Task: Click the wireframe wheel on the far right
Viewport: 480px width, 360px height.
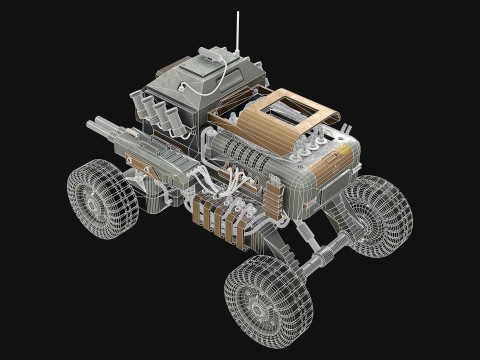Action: click(x=378, y=214)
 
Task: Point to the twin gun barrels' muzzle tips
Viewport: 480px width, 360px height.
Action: click(x=93, y=126)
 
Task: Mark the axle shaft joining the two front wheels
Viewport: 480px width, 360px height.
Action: click(x=320, y=255)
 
